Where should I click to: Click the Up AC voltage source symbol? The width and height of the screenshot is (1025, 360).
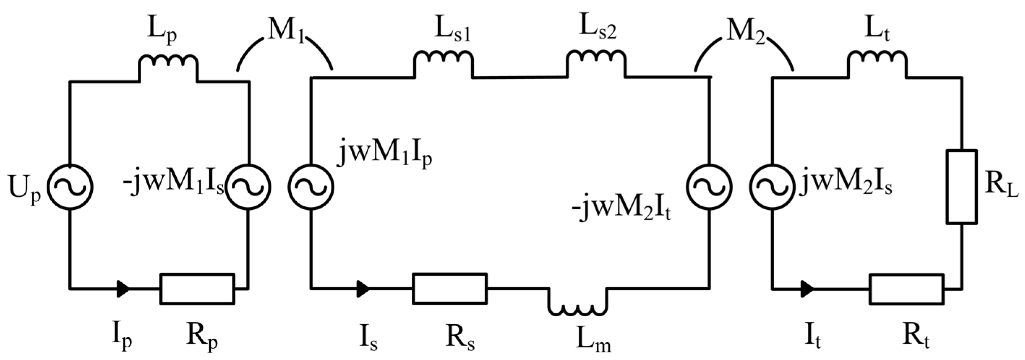click(x=70, y=187)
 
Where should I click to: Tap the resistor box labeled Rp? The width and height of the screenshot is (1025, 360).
click(x=197, y=289)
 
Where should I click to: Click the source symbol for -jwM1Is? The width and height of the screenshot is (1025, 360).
click(x=248, y=187)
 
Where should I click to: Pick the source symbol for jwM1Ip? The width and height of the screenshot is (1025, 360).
click(x=311, y=187)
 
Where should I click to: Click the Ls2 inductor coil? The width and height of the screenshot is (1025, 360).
click(x=596, y=61)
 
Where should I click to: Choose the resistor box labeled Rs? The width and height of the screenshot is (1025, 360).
click(x=450, y=288)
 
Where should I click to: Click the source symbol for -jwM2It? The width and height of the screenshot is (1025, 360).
click(x=709, y=187)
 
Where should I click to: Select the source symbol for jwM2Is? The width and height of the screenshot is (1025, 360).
click(x=772, y=187)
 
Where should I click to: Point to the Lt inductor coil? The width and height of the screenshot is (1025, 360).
click(x=878, y=61)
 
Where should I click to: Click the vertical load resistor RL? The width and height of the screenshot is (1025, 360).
click(x=962, y=187)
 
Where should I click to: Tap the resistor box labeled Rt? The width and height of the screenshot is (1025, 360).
click(x=906, y=289)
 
